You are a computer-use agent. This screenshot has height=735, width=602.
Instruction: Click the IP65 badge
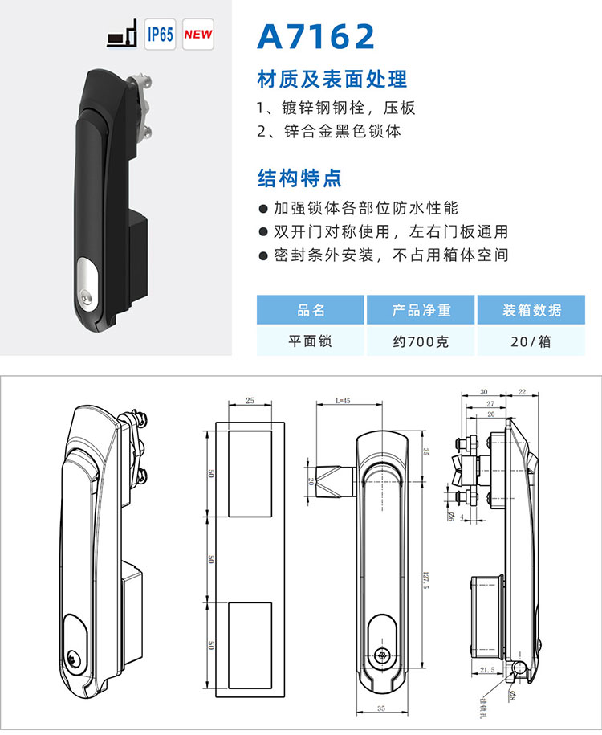pos(161,35)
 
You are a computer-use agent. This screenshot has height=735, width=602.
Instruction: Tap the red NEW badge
pos(198,35)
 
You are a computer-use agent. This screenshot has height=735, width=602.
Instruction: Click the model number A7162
pos(316,37)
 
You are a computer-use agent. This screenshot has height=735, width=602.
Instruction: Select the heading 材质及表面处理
pos(332,79)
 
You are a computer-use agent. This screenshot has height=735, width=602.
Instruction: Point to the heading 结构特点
pos(299,177)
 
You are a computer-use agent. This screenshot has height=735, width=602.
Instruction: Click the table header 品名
pos(311,310)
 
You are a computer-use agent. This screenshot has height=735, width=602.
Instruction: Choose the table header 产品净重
pos(421,310)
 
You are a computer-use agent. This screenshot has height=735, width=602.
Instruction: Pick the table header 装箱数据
pos(531,310)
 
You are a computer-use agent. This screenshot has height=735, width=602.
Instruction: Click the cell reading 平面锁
pos(311,341)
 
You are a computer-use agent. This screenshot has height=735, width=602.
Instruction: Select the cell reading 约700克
pos(421,341)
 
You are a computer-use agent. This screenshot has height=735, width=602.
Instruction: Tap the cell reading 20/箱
pos(531,341)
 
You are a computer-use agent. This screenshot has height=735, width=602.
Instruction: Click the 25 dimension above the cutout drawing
pos(250,399)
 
